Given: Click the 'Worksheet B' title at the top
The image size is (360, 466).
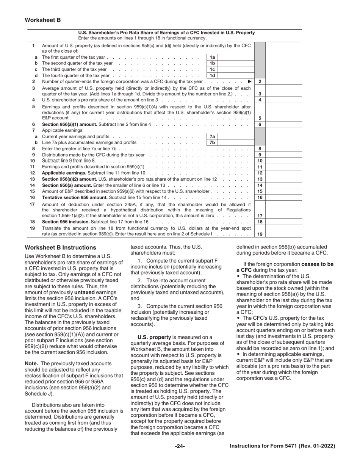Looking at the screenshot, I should coord(43,20).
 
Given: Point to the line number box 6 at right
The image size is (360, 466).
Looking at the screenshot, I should coord(260,124).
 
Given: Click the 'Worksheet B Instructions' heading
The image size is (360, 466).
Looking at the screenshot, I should coord(60,247).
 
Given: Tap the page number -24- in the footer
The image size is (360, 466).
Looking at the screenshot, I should coord(180,446).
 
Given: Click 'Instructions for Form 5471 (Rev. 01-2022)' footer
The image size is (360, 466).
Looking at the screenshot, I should coord(282,446).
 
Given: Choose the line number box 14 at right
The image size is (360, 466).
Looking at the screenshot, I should coord(260,185).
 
